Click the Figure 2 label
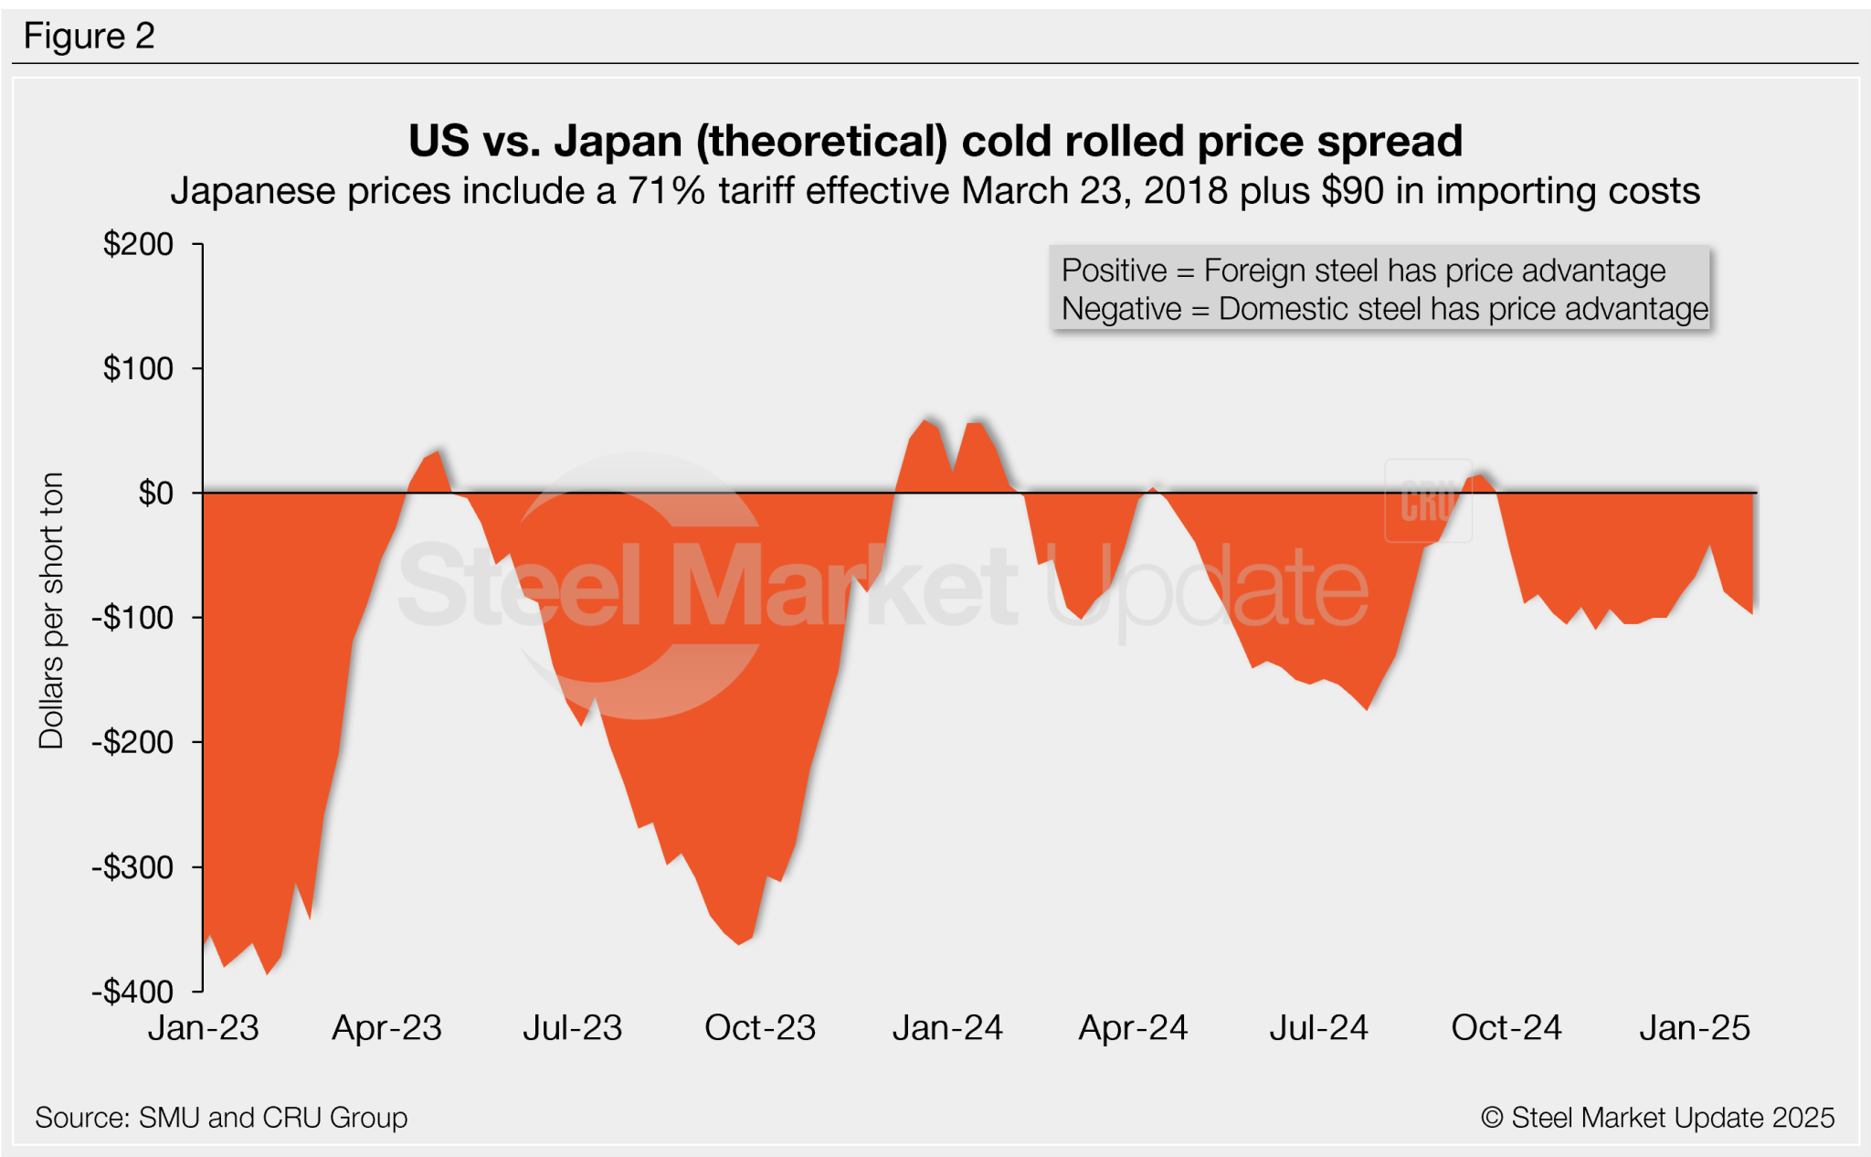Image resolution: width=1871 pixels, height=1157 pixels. click(89, 37)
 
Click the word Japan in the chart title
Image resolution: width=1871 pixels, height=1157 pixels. click(618, 142)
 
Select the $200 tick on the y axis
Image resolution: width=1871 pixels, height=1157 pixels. click(138, 245)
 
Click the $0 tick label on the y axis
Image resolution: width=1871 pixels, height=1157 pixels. click(155, 494)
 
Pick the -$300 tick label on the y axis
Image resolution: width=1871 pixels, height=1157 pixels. click(132, 867)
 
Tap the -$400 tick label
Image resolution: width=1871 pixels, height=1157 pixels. click(132, 992)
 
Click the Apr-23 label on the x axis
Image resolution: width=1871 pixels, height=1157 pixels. click(386, 1028)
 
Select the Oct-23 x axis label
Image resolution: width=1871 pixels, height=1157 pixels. click(759, 1028)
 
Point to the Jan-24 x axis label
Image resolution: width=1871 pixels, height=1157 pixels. click(947, 1028)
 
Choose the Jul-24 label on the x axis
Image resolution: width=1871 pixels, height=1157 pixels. click(1318, 1028)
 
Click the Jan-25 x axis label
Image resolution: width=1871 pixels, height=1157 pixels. click(1694, 1028)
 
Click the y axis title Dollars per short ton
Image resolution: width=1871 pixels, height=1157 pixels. click(51, 610)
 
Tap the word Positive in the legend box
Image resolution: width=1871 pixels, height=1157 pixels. click(1114, 271)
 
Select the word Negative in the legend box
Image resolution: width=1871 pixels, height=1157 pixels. click(1121, 309)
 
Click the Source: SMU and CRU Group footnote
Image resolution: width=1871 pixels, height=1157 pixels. click(221, 1117)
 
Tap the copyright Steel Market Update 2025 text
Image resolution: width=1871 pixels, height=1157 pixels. click(1657, 1117)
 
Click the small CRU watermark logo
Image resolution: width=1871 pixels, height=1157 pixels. click(1427, 501)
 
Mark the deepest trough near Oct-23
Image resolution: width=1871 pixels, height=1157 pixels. click(739, 943)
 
